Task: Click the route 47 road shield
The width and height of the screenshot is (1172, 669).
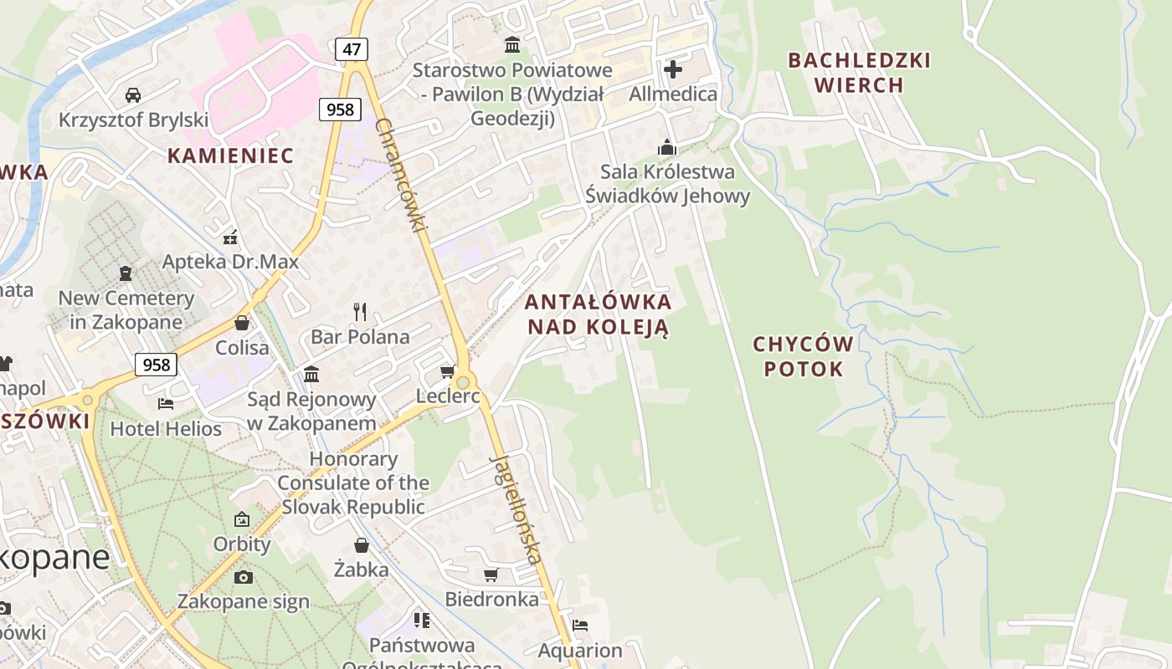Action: click(352, 49)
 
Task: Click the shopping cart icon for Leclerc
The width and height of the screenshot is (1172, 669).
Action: click(448, 371)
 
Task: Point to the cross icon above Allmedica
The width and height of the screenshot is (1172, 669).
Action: click(673, 69)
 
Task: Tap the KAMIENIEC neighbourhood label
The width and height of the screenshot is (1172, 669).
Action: click(230, 156)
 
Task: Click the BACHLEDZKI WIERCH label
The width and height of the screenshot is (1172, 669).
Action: click(860, 73)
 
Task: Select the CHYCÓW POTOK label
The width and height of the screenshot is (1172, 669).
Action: click(803, 357)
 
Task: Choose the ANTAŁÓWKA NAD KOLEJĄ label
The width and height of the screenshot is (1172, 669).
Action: click(598, 314)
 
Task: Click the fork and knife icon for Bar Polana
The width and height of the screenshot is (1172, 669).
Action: click(361, 312)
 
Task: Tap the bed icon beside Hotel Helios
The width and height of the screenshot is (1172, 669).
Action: click(166, 404)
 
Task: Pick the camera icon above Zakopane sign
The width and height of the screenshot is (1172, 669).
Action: click(244, 577)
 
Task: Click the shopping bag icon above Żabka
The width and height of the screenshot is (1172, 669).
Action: click(362, 545)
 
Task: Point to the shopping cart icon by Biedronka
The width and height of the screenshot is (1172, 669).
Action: click(491, 575)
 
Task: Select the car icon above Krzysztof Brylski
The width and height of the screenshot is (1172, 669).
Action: click(133, 95)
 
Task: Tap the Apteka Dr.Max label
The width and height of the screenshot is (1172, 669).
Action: click(230, 262)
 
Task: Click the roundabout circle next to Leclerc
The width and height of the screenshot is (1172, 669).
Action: click(462, 382)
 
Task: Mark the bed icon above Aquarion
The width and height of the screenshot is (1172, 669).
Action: click(580, 626)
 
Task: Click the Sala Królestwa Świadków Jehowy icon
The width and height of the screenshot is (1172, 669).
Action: click(667, 147)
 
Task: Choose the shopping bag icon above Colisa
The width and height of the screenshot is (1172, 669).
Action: click(242, 323)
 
